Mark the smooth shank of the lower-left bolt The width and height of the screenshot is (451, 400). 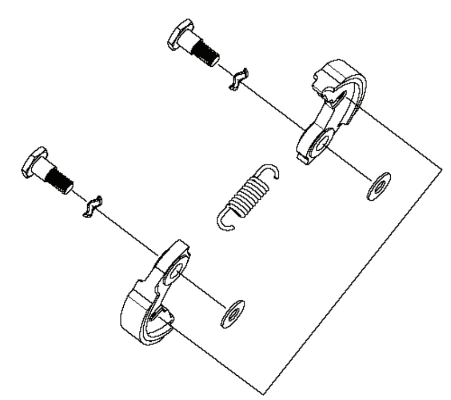click(46, 171)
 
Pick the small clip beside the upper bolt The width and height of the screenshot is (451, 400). click(237, 79)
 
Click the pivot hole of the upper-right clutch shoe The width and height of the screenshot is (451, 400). click(322, 142)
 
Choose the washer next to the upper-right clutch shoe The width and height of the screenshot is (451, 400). click(378, 186)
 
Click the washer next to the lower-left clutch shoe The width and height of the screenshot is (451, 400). click(231, 314)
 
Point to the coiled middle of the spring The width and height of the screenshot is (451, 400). click(245, 196)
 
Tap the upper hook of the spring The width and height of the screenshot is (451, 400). click(271, 172)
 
